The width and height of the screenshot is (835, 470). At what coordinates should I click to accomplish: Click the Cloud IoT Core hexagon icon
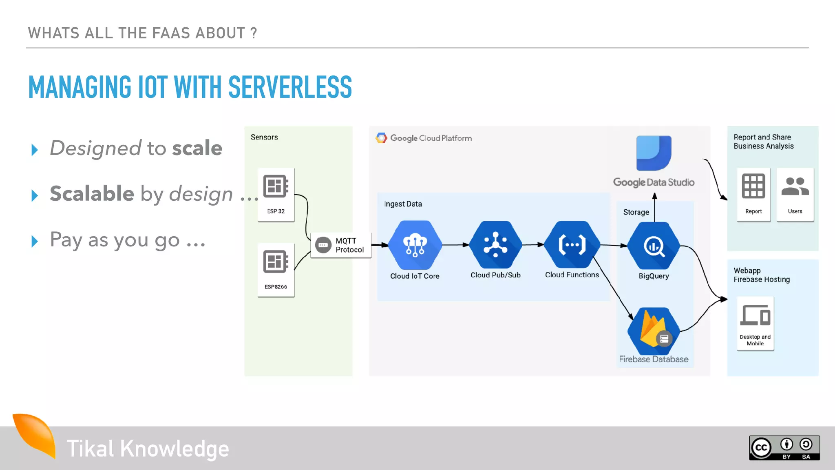click(x=415, y=245)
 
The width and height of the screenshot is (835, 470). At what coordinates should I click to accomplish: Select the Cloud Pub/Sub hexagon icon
click(x=495, y=245)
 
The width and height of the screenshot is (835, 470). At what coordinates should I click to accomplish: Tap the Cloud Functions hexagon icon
click(x=572, y=245)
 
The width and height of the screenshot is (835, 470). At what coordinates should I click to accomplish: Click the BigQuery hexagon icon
click(x=654, y=246)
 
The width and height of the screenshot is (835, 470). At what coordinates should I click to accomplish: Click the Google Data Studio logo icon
click(x=654, y=153)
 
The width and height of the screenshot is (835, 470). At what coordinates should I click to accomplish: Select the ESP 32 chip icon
click(x=276, y=186)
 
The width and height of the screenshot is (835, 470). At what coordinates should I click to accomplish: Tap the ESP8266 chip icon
click(x=276, y=262)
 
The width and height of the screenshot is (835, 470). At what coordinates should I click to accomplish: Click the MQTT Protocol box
click(x=341, y=245)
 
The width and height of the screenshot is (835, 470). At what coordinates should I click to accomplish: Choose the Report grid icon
click(x=753, y=186)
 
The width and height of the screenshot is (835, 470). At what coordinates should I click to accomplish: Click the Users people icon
click(x=795, y=186)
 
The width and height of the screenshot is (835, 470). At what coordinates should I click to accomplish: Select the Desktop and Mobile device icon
click(x=755, y=315)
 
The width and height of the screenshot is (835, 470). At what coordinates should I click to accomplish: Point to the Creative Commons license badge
click(x=784, y=448)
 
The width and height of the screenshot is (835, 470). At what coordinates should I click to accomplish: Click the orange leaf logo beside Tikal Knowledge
click(x=36, y=435)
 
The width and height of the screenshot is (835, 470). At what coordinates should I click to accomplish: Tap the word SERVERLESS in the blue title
click(x=290, y=87)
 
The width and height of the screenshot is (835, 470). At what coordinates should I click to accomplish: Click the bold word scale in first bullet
click(x=197, y=148)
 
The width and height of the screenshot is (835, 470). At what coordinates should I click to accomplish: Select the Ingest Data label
click(x=403, y=204)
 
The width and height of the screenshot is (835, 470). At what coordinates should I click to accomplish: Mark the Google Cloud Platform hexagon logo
click(x=381, y=138)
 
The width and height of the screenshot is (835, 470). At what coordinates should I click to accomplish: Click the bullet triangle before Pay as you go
click(x=35, y=241)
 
